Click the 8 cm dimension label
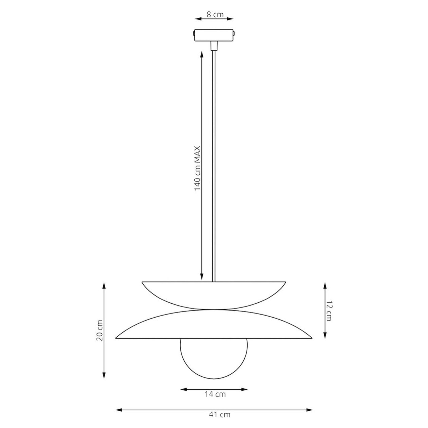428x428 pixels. pos(215,15)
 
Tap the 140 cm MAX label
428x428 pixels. pos(197,168)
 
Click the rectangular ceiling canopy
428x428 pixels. pos(214,35)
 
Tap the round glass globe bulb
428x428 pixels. pos(214,359)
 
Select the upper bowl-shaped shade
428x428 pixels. pos(214,296)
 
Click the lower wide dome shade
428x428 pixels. pos(214,325)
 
